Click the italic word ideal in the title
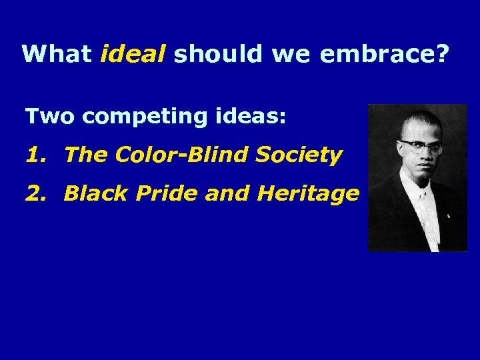tap(133, 53)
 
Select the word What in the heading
tap(57, 53)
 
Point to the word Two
tap(51, 117)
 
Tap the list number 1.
tap(33, 155)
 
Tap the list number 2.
tap(34, 194)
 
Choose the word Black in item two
tap(91, 194)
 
